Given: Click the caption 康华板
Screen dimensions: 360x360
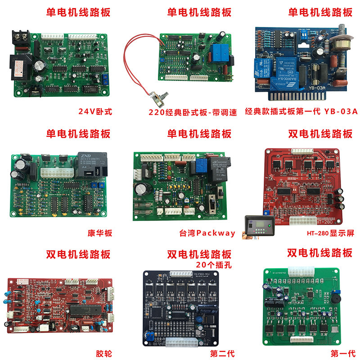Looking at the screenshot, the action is tap(99, 233).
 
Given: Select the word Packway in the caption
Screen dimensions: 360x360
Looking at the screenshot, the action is tap(216, 233).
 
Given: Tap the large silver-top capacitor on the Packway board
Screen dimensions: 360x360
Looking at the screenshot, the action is tap(145, 189).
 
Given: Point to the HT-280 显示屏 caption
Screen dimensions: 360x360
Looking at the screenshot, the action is tap(331, 233).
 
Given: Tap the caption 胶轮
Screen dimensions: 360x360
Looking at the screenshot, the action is tap(103, 353).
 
